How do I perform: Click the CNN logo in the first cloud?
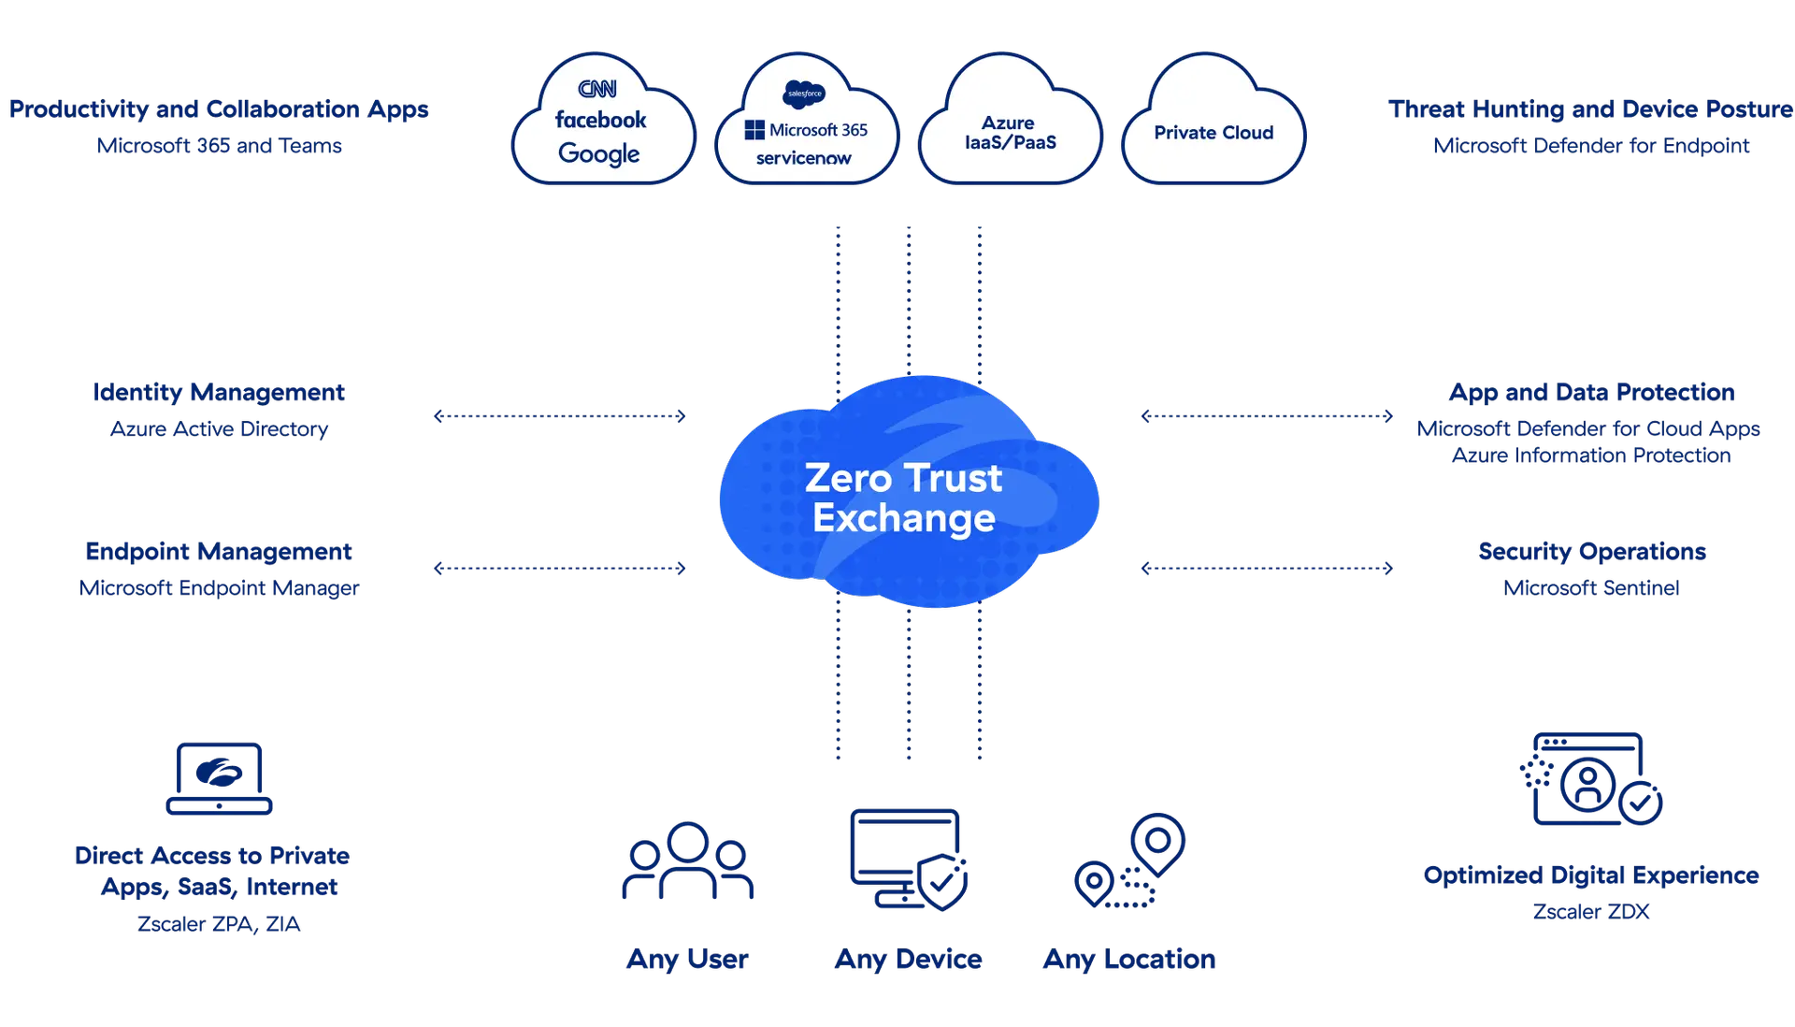(597, 89)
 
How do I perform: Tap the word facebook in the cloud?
(600, 120)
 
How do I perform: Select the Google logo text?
(598, 153)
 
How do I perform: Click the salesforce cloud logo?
(804, 94)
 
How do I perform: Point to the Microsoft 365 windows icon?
(754, 130)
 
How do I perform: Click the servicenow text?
(804, 158)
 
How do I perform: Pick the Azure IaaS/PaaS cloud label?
(1010, 133)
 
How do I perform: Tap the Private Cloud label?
(1213, 133)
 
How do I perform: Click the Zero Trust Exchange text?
(904, 498)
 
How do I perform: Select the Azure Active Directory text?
(220, 429)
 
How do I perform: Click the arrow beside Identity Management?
(561, 416)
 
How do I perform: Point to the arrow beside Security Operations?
(1267, 568)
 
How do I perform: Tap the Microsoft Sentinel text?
(1592, 588)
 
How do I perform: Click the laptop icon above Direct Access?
(220, 778)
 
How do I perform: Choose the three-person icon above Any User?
(688, 861)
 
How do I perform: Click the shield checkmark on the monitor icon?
(942, 880)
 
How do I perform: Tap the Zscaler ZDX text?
(1592, 911)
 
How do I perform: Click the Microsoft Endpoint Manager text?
(220, 588)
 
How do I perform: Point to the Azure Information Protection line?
(1592, 456)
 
